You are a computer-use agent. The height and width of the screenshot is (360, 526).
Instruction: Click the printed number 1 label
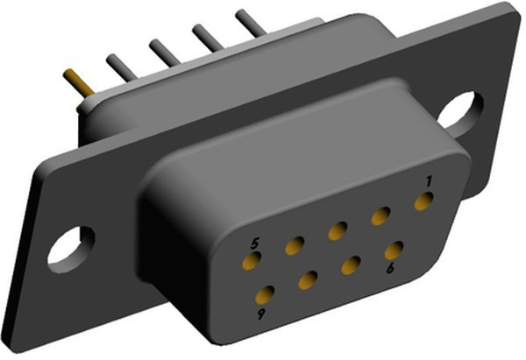tap(429, 180)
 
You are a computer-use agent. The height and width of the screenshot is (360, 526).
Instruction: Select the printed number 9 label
tap(260, 312)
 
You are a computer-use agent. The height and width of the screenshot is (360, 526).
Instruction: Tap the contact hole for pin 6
tap(394, 250)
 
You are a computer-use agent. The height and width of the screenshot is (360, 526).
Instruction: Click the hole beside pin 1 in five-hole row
tap(380, 216)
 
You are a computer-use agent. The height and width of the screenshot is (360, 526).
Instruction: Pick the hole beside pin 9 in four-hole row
tap(308, 280)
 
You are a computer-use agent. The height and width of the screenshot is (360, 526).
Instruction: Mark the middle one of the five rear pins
tap(164, 52)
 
